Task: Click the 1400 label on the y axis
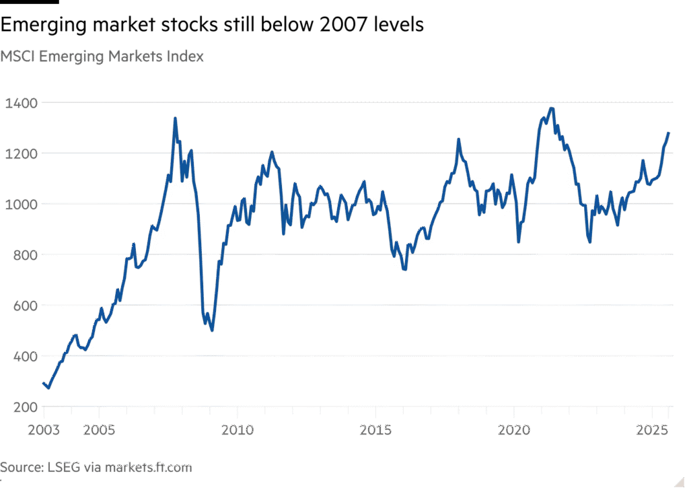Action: point(22,103)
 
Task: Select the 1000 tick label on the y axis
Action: point(22,204)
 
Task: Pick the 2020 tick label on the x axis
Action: point(515,429)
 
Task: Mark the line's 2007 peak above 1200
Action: point(175,120)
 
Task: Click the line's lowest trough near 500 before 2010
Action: point(212,330)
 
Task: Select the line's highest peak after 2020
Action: point(552,109)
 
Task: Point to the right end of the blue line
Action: point(669,133)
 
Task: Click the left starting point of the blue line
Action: point(44,384)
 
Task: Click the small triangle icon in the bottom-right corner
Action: point(680,481)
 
